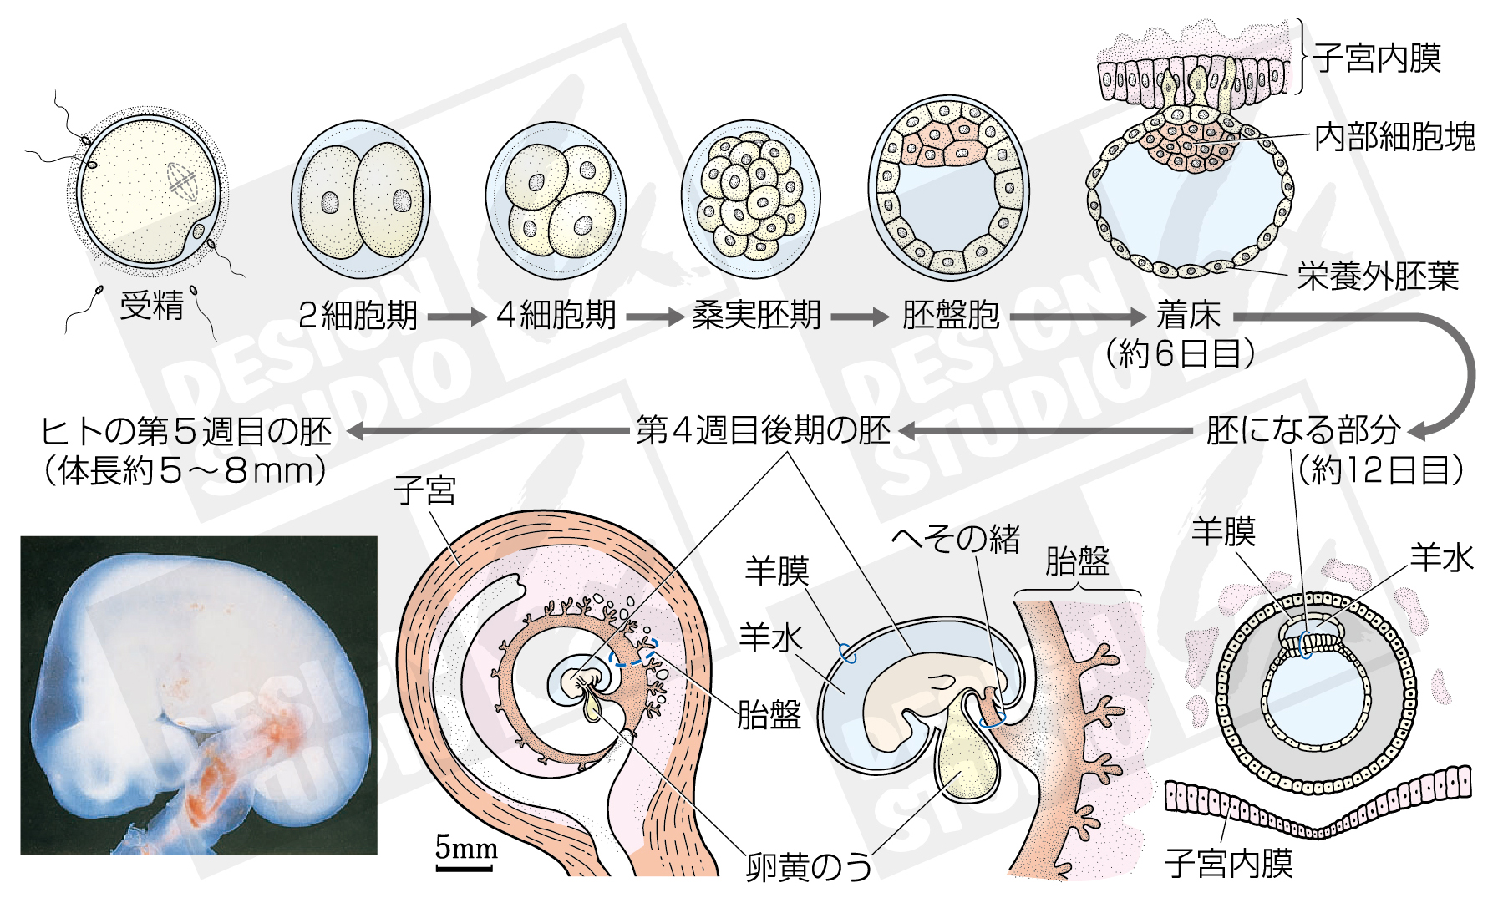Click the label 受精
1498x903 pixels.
coord(151,306)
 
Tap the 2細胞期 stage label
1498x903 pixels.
coord(358,316)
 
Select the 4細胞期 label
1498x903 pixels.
coord(556,316)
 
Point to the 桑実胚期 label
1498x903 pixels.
coord(756,316)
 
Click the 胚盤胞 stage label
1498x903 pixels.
coord(951,316)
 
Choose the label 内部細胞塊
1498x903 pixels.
coord(1394,137)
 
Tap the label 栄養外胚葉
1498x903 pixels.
coord(1378,276)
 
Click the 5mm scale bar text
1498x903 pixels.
coord(466,848)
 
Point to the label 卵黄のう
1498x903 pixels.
coord(809,867)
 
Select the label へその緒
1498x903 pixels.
coord(956,539)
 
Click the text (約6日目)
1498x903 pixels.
coord(1180,354)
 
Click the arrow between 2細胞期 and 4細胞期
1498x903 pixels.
coord(456,317)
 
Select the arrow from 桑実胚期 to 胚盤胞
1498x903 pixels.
coord(860,317)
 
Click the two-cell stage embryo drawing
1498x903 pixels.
coord(361,200)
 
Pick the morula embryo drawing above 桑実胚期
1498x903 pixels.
coord(750,200)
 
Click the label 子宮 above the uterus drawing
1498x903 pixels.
coord(424,490)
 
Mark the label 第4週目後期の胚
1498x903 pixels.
coord(763,431)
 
